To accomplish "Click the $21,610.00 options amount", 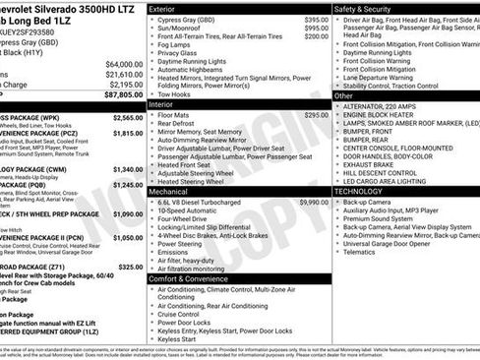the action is [x=123, y=74].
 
